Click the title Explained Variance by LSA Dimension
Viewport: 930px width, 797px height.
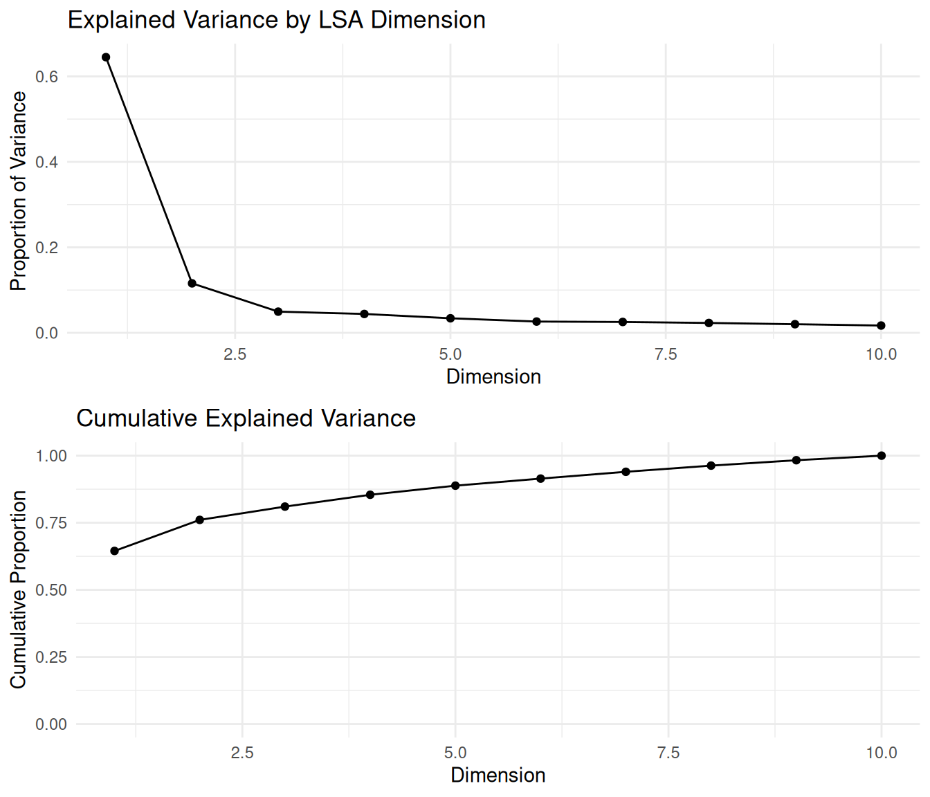[x=276, y=20]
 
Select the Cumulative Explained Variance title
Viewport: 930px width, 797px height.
[x=246, y=419]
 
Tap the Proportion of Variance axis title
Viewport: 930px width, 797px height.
[x=19, y=191]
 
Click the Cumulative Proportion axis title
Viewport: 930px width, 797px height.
[x=19, y=589]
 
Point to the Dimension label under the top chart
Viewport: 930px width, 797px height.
[x=493, y=377]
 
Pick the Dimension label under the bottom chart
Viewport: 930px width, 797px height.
[x=498, y=776]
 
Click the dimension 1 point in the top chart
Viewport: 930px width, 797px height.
[x=106, y=57]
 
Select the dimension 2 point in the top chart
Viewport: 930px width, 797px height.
[x=192, y=284]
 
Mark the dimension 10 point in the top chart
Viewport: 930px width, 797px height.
[x=881, y=326]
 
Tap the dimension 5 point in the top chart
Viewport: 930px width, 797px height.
[x=450, y=318]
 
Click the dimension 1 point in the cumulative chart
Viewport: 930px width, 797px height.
[x=115, y=551]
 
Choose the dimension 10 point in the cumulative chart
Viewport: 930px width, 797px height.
[x=882, y=456]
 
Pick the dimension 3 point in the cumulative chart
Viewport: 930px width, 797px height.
[x=285, y=506]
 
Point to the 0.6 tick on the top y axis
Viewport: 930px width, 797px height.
[x=47, y=77]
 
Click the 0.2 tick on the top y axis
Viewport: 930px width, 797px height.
[x=47, y=248]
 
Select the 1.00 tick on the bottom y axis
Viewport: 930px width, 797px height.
[x=51, y=456]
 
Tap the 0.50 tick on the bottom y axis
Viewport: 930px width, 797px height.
[x=51, y=590]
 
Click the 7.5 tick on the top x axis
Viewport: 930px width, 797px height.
[x=666, y=355]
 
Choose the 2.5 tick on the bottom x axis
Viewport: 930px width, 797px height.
[x=242, y=753]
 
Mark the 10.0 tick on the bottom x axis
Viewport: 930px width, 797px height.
[x=882, y=753]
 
